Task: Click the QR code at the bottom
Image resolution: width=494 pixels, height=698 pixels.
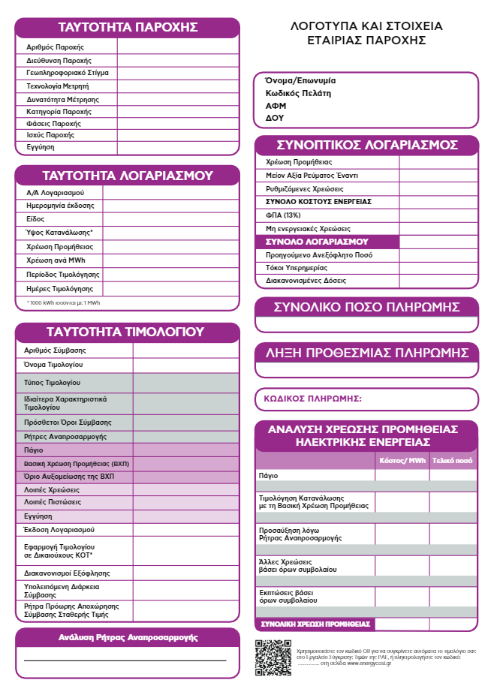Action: [x=273, y=657]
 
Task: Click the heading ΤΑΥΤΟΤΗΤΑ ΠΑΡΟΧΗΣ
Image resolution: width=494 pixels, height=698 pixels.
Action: [x=128, y=28]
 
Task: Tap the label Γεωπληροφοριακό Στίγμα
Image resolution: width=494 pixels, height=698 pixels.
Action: [x=68, y=73]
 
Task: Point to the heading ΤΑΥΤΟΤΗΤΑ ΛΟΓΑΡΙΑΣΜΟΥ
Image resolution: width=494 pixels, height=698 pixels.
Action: [x=128, y=176]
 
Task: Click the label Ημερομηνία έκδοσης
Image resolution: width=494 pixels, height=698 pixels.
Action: [x=60, y=205]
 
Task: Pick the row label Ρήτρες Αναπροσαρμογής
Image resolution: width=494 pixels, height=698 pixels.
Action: [x=65, y=436]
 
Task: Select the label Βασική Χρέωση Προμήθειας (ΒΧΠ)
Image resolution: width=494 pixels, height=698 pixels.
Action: [x=77, y=464]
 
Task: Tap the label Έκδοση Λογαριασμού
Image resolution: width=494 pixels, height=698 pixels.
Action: [x=61, y=529]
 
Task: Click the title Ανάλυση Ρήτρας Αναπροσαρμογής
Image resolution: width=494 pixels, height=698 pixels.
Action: [x=128, y=637]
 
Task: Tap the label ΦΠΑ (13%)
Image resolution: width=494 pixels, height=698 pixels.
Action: [x=283, y=215]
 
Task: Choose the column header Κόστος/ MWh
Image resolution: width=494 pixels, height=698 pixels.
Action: [x=402, y=459]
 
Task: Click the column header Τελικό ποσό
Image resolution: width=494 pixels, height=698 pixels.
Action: [x=453, y=459]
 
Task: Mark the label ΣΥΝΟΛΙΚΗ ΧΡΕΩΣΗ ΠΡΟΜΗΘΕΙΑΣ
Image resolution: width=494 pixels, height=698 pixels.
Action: [x=315, y=624]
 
